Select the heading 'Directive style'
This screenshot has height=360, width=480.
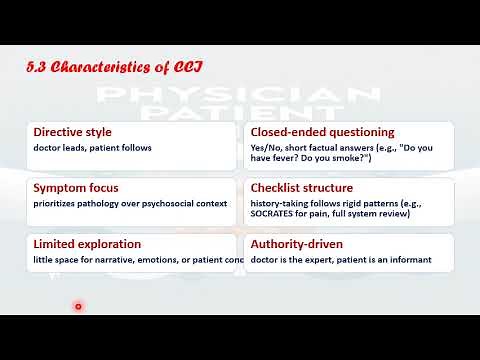[x=73, y=132]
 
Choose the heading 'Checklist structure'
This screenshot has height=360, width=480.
[x=301, y=188]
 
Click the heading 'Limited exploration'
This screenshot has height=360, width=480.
[x=87, y=244]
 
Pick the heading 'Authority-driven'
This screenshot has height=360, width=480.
[x=296, y=244]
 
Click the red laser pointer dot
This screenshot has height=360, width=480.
[x=78, y=307]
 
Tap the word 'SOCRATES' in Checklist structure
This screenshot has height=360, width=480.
[x=277, y=215]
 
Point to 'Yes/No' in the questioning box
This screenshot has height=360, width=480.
[x=265, y=149]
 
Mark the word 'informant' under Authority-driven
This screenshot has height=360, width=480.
[x=410, y=261]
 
